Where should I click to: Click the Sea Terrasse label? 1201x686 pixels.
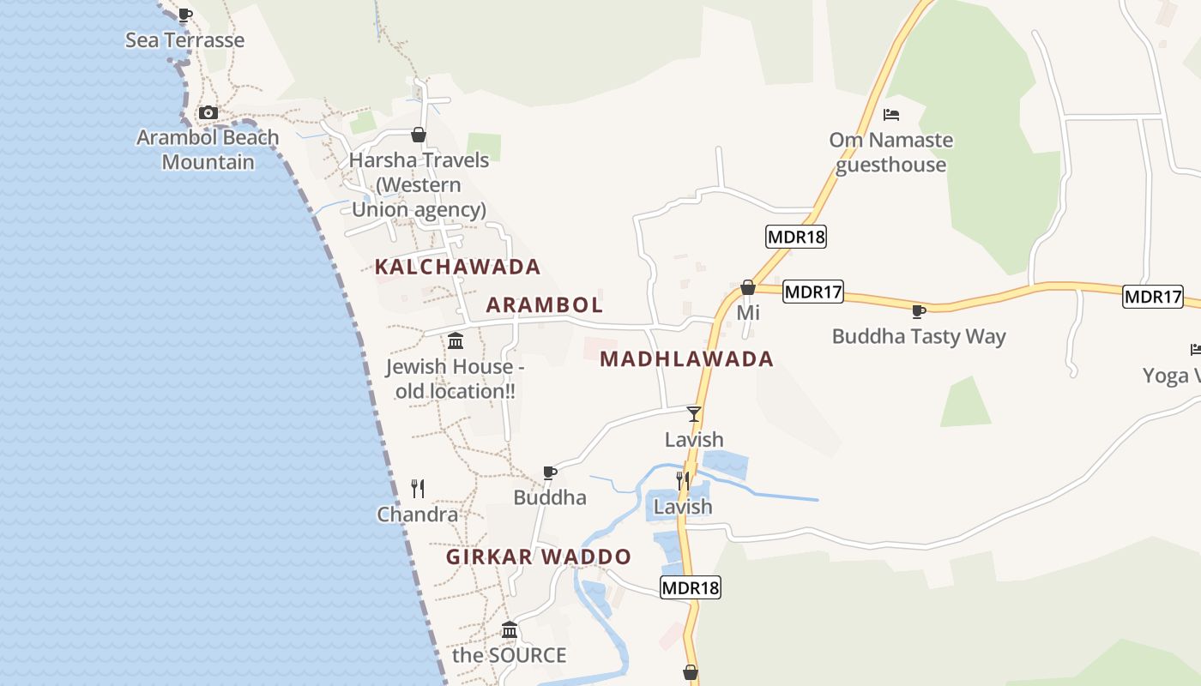click(x=184, y=40)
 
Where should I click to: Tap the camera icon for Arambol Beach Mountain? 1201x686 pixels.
click(x=208, y=112)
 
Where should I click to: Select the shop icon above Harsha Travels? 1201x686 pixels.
click(x=419, y=135)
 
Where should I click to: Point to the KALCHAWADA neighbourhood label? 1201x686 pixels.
click(x=457, y=267)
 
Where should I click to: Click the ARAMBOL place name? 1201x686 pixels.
click(x=545, y=304)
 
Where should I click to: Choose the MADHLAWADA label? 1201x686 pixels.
click(x=686, y=358)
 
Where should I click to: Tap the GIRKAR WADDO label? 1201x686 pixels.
click(x=538, y=557)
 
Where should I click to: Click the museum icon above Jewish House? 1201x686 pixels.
click(x=456, y=341)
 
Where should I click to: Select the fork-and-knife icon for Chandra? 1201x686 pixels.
click(x=418, y=489)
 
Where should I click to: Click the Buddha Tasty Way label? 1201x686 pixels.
click(x=918, y=336)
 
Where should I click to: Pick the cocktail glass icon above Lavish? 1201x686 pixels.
click(x=694, y=414)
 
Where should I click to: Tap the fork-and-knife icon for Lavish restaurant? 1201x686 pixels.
click(x=683, y=480)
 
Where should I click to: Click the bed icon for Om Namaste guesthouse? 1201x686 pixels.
click(x=891, y=114)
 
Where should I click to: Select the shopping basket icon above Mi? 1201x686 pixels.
click(x=748, y=287)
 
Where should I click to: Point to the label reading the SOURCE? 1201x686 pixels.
click(x=509, y=655)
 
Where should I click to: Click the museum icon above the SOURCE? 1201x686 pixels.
click(x=510, y=630)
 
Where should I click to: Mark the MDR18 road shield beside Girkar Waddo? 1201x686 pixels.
click(x=691, y=587)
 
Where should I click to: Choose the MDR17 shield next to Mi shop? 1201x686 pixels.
click(x=813, y=292)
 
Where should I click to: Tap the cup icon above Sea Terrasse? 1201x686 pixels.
click(x=184, y=14)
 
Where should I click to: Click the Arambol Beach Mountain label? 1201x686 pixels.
click(x=208, y=149)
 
